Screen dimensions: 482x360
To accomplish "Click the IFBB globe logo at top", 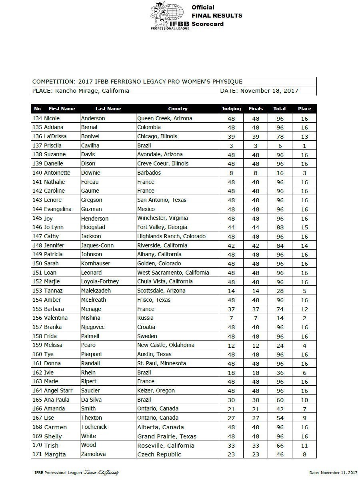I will tap(170, 16).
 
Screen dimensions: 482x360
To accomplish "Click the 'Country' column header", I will tap(178, 109).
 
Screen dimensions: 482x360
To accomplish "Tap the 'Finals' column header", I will tap(256, 109).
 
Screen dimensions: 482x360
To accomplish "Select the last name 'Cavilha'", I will tap(90, 145).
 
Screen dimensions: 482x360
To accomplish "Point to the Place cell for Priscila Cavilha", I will tap(304, 145).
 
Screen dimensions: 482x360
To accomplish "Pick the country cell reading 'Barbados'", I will tap(149, 173).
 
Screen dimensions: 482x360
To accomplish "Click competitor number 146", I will tap(37, 227).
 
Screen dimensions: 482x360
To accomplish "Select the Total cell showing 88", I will tap(280, 227).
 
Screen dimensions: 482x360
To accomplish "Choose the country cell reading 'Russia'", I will tap(145, 318).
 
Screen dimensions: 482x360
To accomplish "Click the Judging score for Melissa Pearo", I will tap(231, 345).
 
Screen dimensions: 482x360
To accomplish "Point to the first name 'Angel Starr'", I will tap(58, 390).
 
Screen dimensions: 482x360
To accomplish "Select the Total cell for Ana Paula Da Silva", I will tap(280, 400).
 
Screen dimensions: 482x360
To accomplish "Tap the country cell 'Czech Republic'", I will tap(159, 454).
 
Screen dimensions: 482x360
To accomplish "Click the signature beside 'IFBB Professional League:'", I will tap(102, 473).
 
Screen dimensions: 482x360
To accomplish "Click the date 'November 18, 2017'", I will tap(270, 91).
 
